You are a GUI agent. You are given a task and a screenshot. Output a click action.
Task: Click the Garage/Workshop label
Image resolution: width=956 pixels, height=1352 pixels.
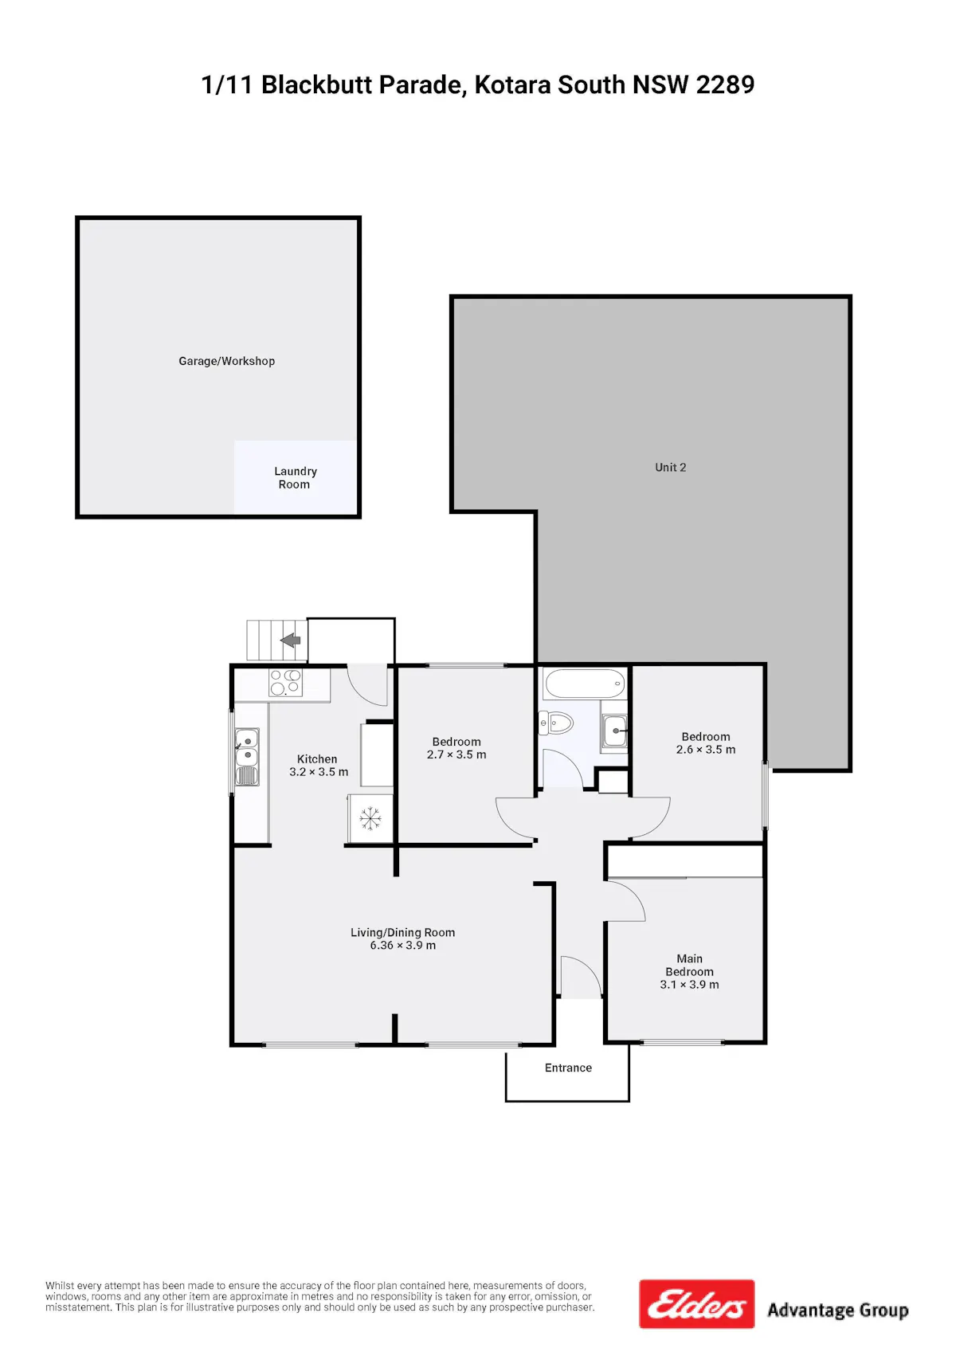click(226, 361)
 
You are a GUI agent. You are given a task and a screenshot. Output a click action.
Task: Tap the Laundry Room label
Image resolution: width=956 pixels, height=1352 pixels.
click(295, 477)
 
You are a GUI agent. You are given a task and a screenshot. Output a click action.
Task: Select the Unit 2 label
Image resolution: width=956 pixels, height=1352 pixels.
click(671, 467)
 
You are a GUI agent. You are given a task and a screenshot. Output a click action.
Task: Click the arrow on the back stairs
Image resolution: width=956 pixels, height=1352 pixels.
click(291, 640)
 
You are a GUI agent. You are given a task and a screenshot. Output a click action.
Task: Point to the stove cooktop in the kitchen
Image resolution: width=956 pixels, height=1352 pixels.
click(285, 683)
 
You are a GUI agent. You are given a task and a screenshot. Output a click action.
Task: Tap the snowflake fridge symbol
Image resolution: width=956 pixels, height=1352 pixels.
click(370, 818)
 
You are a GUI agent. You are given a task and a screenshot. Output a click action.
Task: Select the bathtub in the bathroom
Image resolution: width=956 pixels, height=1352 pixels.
click(584, 684)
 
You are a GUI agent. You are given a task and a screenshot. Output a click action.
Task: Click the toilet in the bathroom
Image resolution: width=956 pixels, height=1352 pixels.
click(556, 723)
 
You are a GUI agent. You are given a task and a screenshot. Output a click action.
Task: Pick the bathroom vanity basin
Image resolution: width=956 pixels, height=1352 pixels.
click(615, 731)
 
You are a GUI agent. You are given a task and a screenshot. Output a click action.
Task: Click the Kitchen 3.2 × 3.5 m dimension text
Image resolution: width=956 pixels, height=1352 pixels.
click(319, 772)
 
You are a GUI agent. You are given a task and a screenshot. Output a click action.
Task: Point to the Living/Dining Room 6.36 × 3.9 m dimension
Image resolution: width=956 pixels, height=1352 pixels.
click(402, 946)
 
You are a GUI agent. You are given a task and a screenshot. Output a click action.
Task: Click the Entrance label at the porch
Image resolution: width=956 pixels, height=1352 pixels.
click(568, 1068)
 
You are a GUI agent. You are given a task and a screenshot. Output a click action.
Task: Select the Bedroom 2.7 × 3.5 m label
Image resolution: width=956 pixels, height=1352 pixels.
click(456, 748)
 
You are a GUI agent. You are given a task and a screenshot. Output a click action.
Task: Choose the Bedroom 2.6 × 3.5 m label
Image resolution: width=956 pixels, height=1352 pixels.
click(706, 743)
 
